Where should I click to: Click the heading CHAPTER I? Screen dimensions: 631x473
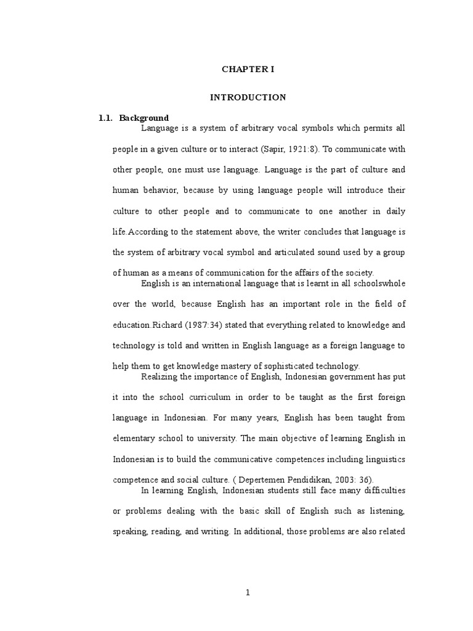point(248,70)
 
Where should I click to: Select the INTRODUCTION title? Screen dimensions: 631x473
point(248,97)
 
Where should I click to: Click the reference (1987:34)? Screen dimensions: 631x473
point(200,325)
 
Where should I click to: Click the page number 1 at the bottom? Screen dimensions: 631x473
point(248,593)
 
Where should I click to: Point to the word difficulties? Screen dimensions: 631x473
point(381,491)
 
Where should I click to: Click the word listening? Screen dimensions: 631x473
point(385,511)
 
